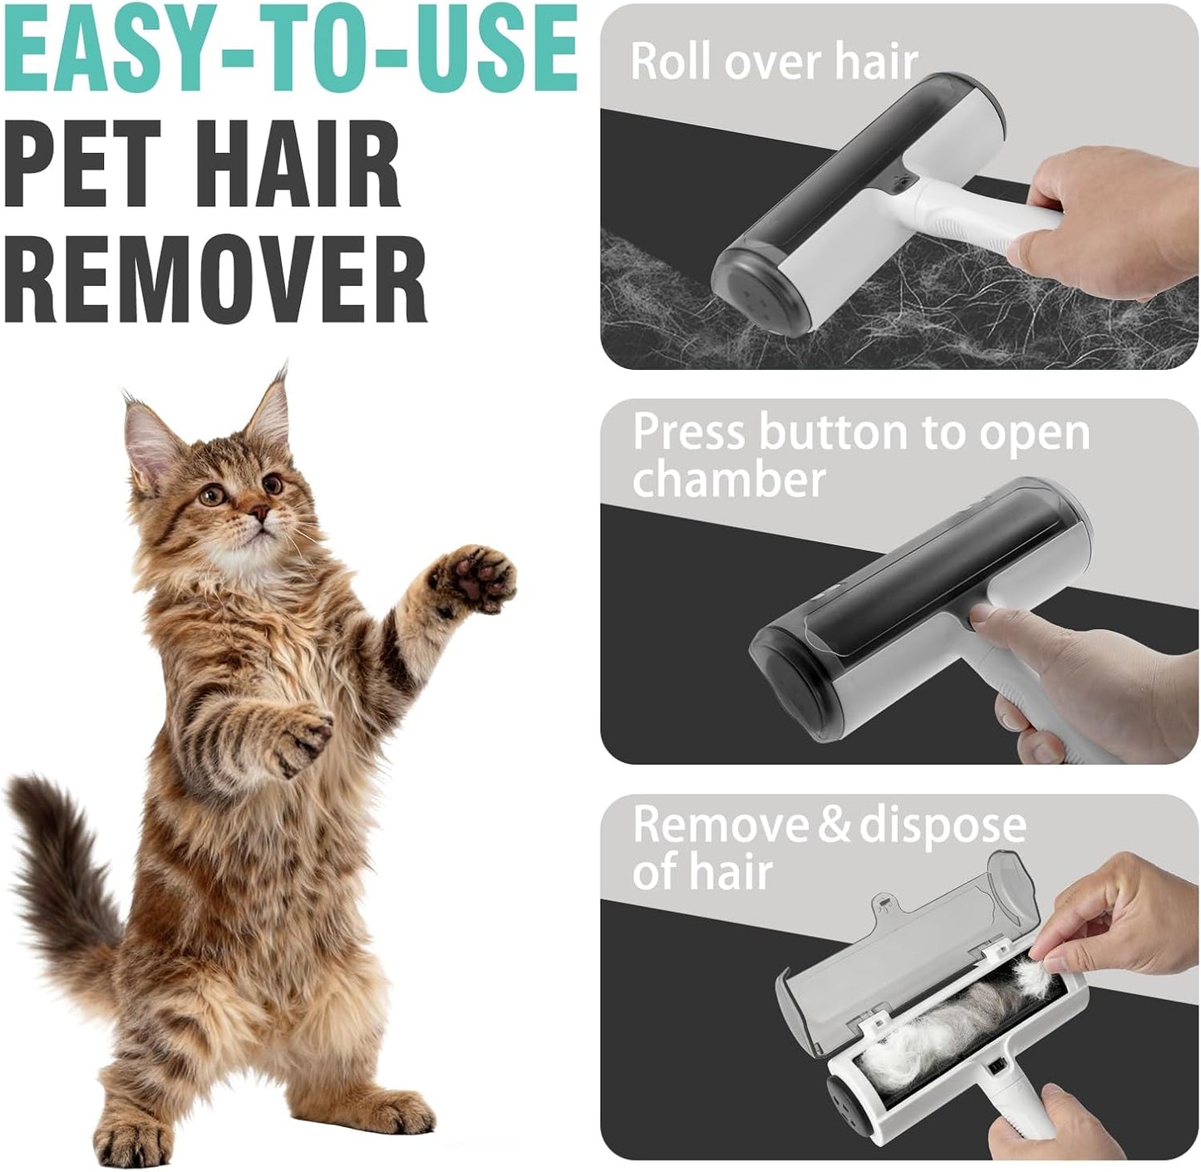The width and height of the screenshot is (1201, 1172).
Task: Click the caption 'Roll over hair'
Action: (x=773, y=62)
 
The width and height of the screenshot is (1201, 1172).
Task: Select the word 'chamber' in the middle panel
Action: (x=729, y=480)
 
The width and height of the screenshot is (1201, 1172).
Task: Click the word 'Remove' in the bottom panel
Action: (x=720, y=825)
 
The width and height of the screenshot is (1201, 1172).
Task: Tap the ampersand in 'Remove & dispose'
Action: (x=834, y=825)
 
